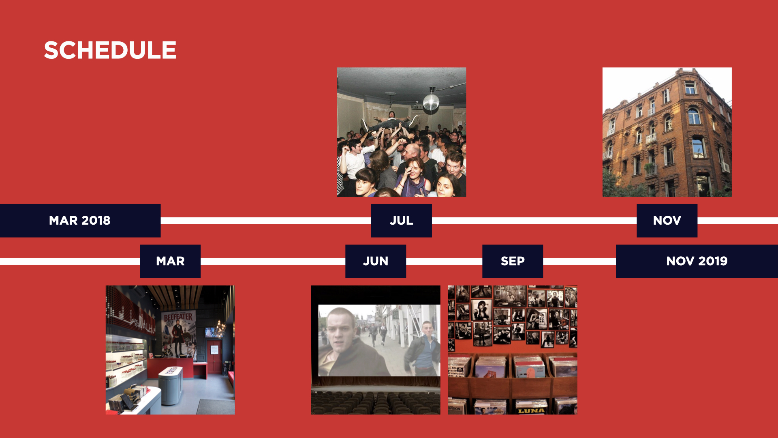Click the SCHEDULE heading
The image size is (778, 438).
point(110,50)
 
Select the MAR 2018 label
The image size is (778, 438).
point(80,220)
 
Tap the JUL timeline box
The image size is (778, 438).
point(402,220)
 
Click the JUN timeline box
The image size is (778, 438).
point(376,261)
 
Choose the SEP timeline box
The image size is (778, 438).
point(513,261)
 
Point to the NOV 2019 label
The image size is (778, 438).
point(697,261)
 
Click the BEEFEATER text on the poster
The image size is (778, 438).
point(178,317)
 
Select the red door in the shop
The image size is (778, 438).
point(214,357)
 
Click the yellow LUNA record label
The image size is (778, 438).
point(531,410)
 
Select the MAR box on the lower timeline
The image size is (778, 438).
point(170,261)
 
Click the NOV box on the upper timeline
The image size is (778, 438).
point(667,220)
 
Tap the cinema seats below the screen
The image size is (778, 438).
point(376,402)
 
